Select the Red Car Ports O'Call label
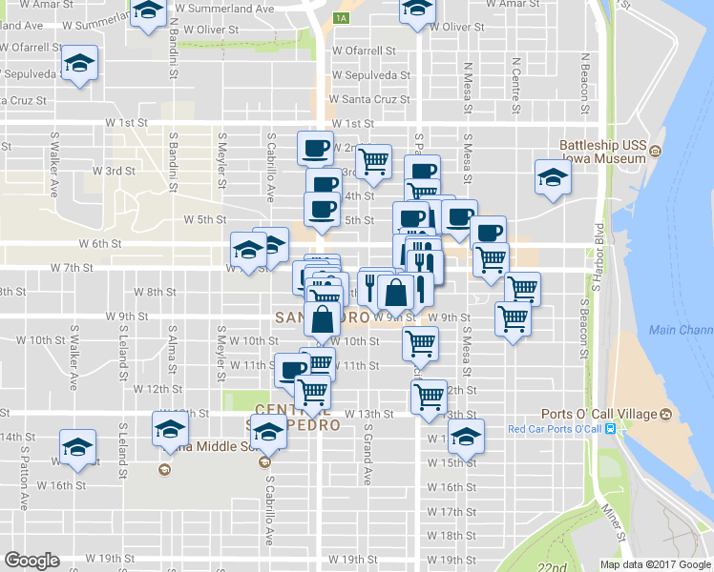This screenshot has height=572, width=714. tap(556, 429)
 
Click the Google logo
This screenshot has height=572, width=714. tap(31, 561)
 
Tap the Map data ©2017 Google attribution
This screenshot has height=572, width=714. tap(656, 564)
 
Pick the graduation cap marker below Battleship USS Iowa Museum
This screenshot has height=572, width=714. tap(553, 178)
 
